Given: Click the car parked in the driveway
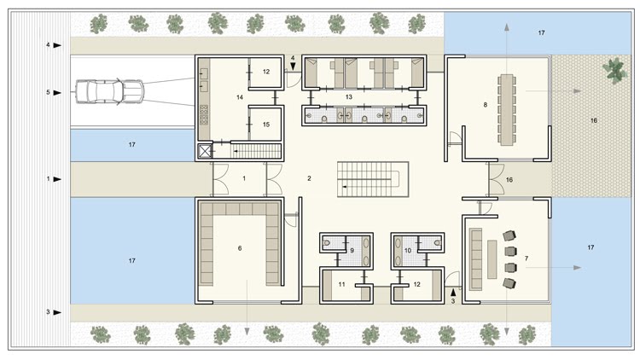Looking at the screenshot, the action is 109,91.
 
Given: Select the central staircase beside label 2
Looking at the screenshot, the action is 373,179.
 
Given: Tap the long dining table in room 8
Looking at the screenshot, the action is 507,109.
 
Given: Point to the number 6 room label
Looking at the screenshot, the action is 240,248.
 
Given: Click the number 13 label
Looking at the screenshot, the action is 348,97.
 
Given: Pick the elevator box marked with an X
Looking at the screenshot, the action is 205,152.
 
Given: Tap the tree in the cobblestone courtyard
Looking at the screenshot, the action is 614,71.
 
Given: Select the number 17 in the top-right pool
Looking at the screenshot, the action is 541,32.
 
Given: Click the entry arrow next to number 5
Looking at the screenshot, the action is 57,93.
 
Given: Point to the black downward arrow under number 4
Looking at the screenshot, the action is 293,66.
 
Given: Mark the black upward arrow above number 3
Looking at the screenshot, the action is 452,293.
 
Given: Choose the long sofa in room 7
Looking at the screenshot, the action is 475,258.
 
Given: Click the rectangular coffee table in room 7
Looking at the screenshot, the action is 492,259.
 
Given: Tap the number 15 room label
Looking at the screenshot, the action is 266,125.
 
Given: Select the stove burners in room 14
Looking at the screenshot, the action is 204,114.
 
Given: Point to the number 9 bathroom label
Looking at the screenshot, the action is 352,251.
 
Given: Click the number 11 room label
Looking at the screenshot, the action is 341,284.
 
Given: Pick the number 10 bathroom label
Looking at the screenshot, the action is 408,251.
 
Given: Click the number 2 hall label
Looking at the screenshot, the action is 310,178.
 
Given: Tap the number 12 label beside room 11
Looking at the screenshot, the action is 416,284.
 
